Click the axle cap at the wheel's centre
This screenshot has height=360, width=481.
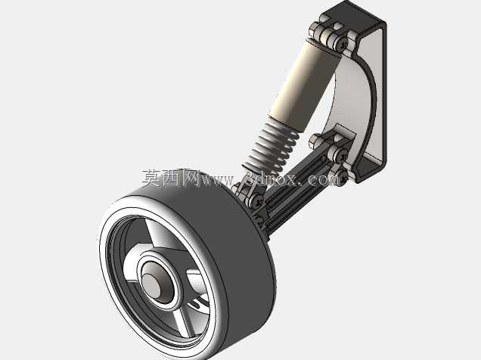click(153, 285)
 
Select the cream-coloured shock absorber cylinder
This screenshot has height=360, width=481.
click(304, 83)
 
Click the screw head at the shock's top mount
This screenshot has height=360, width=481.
click(341, 42)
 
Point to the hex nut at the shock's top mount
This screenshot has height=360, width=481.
click(315, 29)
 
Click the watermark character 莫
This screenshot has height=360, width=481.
click(151, 178)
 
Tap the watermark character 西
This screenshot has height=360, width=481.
click(171, 178)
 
